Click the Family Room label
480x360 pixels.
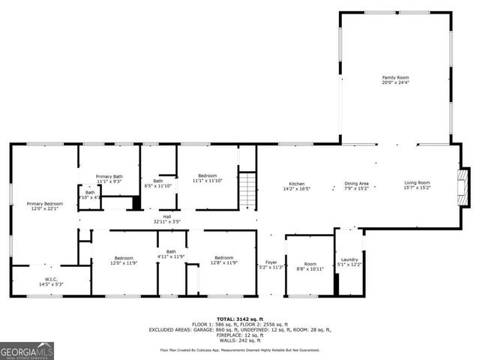pos(396,79)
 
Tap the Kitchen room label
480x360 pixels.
pos(297,185)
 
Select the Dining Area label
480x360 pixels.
pos(356,185)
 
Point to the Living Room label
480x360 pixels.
pos(417,185)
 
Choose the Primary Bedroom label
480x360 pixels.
pos(45,205)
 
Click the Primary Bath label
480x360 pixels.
pos(109,178)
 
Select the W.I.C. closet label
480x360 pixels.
pos(45,281)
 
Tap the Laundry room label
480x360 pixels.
pos(349,262)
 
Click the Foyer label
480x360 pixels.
pos(271,264)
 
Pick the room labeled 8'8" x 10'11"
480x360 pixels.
pos(310,265)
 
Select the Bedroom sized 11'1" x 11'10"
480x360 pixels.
pos(207,178)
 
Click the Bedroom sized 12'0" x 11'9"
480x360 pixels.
pos(124,260)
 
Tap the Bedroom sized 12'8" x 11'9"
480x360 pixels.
pos(224,260)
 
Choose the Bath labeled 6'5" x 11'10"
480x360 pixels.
pos(158,182)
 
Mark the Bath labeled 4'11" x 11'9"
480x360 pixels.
pos(171,253)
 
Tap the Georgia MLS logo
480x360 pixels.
pos(27,349)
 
